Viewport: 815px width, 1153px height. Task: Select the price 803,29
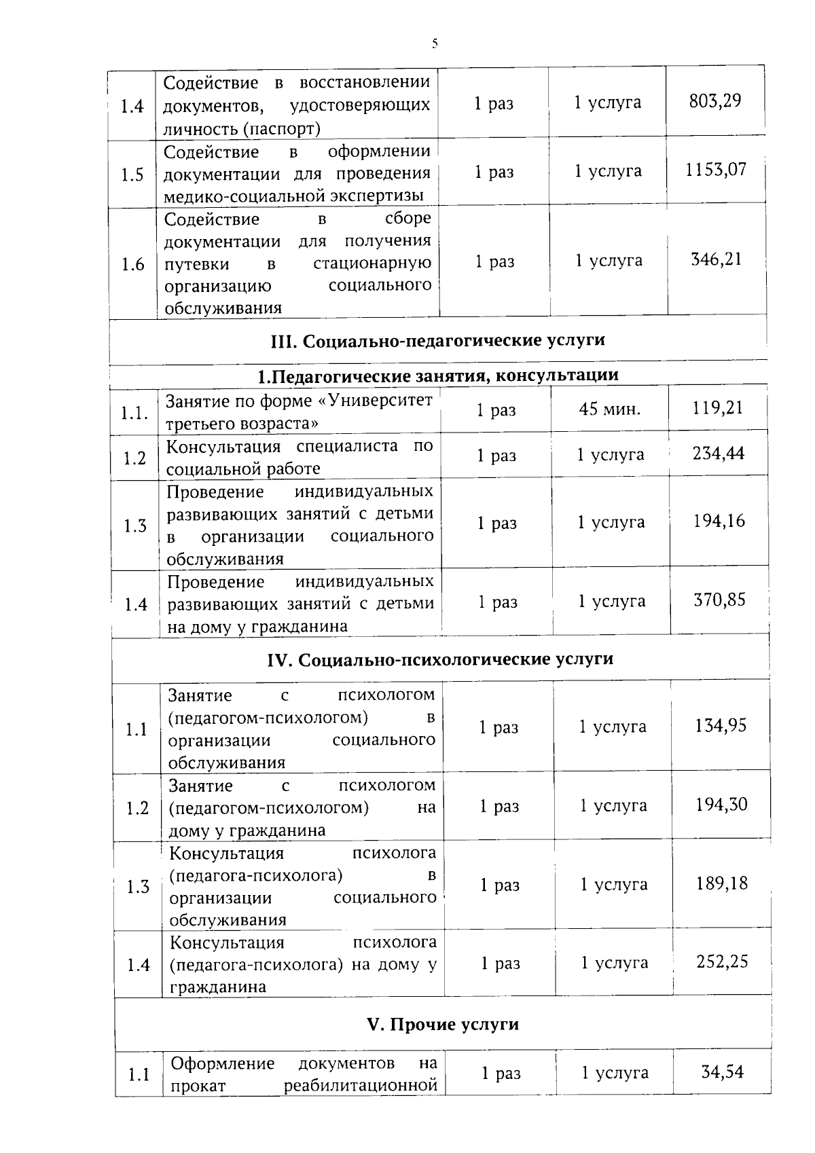point(714,101)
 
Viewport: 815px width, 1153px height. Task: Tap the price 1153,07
point(715,169)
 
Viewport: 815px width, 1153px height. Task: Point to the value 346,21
point(716,259)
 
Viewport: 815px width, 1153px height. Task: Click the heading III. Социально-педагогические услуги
point(437,340)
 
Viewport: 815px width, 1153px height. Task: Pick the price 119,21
point(717,408)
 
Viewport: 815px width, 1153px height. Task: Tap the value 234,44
point(718,453)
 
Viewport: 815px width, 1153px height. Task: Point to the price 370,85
point(719,600)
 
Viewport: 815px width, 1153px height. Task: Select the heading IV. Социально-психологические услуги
point(441,659)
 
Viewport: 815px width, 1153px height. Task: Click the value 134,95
point(720,726)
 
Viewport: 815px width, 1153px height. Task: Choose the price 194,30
point(721,805)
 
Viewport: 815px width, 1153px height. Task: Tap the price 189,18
point(721,883)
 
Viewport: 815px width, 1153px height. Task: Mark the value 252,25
point(722,962)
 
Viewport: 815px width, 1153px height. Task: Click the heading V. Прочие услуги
point(443,1025)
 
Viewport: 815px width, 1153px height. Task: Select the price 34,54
point(722,1072)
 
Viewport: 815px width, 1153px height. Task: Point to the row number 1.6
point(133,264)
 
